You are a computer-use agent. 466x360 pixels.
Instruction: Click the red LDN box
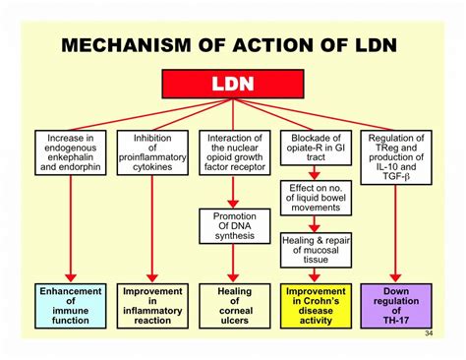[x=232, y=86]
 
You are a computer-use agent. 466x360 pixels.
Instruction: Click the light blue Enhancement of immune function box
[x=71, y=306]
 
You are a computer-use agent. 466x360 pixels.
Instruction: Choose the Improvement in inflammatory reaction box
[x=151, y=306]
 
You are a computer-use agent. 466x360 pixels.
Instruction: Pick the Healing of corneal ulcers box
[x=232, y=306]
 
